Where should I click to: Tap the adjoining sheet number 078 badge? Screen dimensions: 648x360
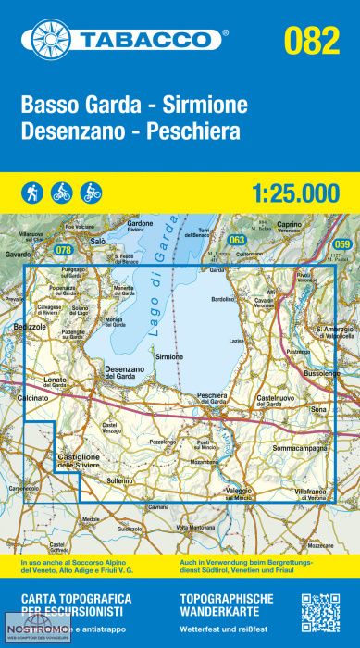coord(63,250)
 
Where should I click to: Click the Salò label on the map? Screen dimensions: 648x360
coord(99,240)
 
